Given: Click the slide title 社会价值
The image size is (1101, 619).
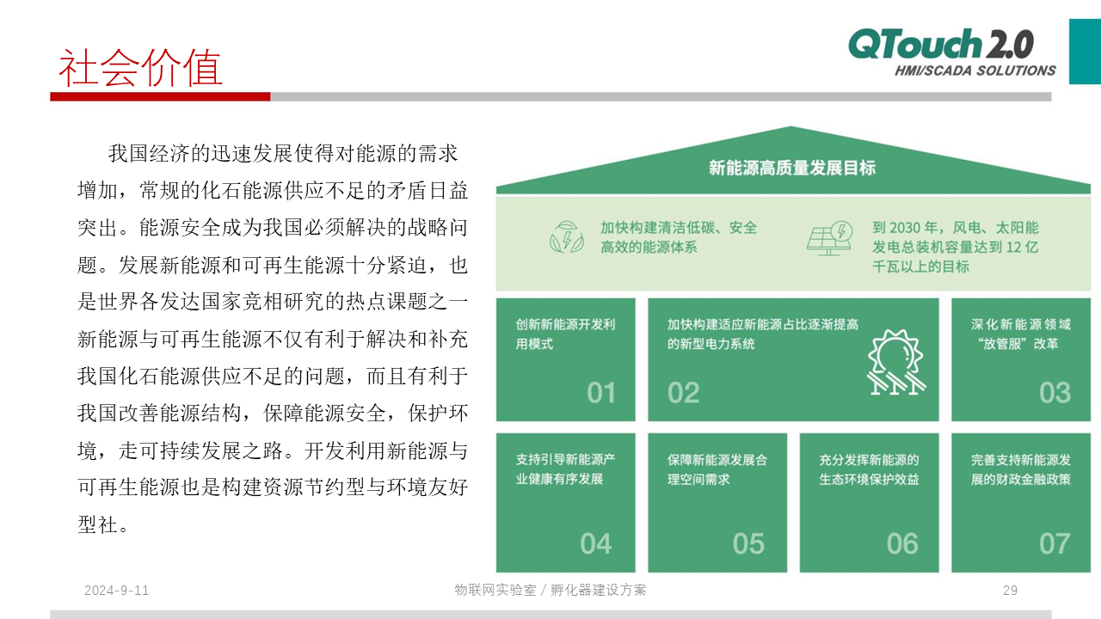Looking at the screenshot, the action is [x=140, y=68].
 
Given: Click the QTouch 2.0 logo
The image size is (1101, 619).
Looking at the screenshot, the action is [x=941, y=43].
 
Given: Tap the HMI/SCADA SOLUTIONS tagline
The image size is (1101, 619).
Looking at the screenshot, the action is [x=975, y=70].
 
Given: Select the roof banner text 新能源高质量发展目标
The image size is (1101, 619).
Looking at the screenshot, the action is [x=792, y=168].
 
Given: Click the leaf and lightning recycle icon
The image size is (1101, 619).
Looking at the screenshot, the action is [x=567, y=237].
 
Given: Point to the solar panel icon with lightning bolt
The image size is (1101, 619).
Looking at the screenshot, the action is [x=830, y=238].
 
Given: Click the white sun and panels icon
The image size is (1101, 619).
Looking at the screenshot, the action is [x=896, y=362].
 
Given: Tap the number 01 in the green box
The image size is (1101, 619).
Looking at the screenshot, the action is [x=601, y=393].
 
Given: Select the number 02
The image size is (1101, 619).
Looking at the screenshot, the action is [x=683, y=393].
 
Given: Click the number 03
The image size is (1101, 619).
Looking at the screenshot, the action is [x=1055, y=393].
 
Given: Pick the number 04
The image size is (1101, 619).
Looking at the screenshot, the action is [x=596, y=543].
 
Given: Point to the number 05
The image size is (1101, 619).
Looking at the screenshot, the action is [x=748, y=543].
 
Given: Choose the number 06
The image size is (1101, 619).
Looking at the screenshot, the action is [x=902, y=543].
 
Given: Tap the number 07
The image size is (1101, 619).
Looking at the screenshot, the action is [x=1055, y=543].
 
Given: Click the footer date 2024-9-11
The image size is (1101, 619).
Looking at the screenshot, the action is [x=116, y=590].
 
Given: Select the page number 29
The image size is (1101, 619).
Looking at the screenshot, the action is [x=1010, y=590].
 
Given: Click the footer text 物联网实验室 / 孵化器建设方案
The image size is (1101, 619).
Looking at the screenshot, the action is [x=550, y=590].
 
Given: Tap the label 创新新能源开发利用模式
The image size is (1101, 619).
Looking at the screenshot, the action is [x=565, y=334].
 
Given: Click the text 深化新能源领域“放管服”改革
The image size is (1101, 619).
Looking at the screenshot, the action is [x=1021, y=334].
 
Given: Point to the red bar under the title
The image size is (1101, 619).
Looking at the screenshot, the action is [x=160, y=97].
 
